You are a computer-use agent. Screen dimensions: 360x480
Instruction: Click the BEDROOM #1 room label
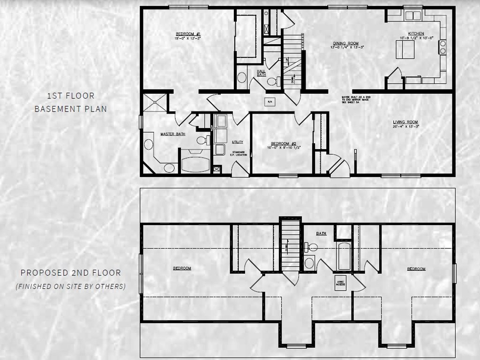(x=188, y=34)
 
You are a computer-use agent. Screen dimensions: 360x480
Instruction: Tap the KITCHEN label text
(x=416, y=34)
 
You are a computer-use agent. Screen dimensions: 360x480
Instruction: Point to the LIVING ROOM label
(x=406, y=122)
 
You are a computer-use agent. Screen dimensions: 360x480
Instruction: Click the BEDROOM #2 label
(x=283, y=143)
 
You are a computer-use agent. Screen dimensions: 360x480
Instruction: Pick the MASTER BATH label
(x=172, y=134)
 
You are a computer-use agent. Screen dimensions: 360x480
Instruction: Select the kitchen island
(x=404, y=49)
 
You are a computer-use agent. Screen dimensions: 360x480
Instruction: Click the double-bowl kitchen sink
(x=413, y=15)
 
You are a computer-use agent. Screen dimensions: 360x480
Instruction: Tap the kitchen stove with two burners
(x=442, y=47)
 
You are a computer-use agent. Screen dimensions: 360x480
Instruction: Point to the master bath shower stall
(x=155, y=102)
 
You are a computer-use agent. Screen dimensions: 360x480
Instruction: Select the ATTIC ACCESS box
(x=340, y=283)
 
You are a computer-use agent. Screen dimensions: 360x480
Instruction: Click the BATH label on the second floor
(x=321, y=233)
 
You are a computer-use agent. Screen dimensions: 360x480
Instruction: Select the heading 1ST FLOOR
(x=71, y=96)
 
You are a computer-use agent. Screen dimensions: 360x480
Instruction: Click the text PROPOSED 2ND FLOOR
(x=71, y=273)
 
